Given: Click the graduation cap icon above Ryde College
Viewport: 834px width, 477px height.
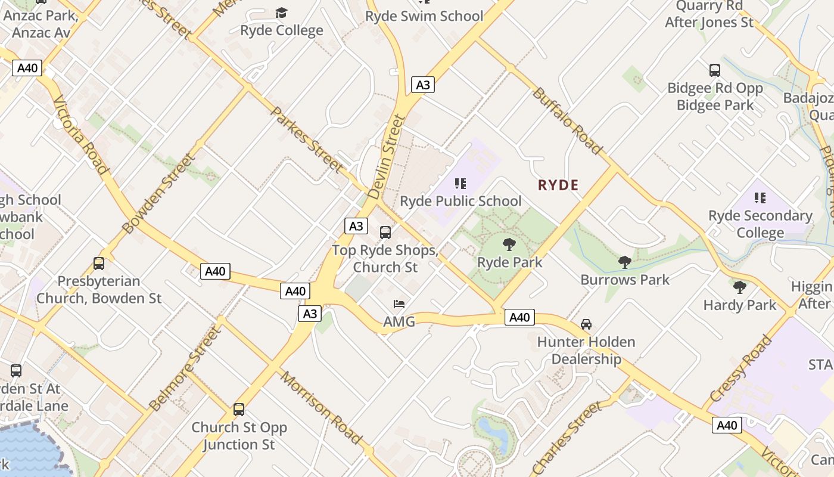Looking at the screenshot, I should coord(281,13).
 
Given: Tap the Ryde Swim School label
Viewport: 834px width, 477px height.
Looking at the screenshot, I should coord(424,16).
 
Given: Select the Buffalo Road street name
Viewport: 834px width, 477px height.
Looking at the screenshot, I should coord(567,121).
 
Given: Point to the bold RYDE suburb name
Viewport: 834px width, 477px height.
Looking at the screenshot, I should coord(558,185).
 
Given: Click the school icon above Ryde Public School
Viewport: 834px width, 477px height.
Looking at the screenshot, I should coord(460,184).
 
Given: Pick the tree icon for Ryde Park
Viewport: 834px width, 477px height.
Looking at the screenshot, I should coord(509,244).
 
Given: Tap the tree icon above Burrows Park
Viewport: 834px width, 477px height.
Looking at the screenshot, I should coord(625,262).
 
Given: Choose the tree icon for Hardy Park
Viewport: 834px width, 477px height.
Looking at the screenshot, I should coord(740,287).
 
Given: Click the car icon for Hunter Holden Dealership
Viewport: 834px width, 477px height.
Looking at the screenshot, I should coord(586,324).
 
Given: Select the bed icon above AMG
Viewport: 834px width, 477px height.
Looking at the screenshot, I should coord(399,304).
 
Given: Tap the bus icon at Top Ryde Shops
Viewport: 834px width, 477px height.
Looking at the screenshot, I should coord(385,233).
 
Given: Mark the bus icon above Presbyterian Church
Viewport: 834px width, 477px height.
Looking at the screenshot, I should coord(99,263).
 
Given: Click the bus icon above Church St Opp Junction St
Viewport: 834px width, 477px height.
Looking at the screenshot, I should coord(239,410).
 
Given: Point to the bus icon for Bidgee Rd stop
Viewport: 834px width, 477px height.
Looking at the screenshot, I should coord(715,70).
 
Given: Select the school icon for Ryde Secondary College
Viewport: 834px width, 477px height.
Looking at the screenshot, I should coord(760,198).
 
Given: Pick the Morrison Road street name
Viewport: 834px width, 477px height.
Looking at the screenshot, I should coord(321,408).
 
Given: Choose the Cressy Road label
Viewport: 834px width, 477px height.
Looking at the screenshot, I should coord(740,368).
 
